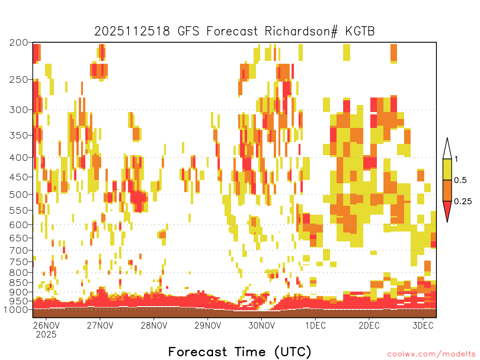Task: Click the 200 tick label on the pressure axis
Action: point(19,43)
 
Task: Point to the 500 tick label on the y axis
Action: point(19,195)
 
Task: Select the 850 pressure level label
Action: point(19,282)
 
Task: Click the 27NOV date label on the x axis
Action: point(100,325)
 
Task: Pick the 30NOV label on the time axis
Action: point(262,325)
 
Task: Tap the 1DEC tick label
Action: point(315,325)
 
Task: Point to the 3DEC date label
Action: point(423,325)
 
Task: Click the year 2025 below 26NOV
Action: point(46,334)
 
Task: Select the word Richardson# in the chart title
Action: point(301,31)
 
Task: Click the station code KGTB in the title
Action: point(360,31)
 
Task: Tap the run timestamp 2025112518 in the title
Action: point(132,31)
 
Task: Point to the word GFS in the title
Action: point(188,31)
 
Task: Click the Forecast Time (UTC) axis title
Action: point(240,352)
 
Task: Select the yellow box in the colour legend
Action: point(447,169)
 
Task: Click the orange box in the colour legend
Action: point(447,190)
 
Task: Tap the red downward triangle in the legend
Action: point(447,210)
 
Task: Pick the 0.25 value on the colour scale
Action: point(463,202)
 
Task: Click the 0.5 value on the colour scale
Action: point(460,180)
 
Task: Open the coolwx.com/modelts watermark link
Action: point(432,354)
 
